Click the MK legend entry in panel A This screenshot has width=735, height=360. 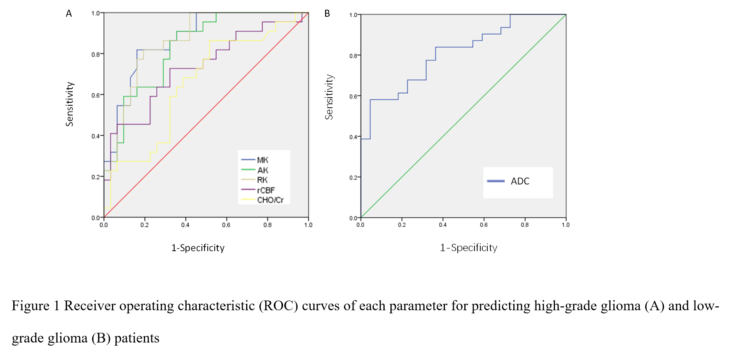pyautogui.click(x=262, y=160)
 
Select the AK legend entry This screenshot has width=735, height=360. pyautogui.click(x=262, y=170)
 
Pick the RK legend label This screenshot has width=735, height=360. pyautogui.click(x=262, y=180)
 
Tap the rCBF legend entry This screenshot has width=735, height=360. pyautogui.click(x=266, y=190)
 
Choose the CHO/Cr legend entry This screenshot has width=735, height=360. pyautogui.click(x=270, y=200)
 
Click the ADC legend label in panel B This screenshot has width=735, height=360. pyautogui.click(x=520, y=181)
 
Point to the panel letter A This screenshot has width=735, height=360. pyautogui.click(x=69, y=14)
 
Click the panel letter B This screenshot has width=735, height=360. pyautogui.click(x=327, y=14)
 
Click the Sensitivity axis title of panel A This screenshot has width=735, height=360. pyautogui.click(x=69, y=104)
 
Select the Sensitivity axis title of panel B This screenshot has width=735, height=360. pyautogui.click(x=329, y=97)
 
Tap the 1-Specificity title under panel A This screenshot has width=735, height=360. pyautogui.click(x=198, y=248)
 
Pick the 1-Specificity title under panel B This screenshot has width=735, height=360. pyautogui.click(x=469, y=248)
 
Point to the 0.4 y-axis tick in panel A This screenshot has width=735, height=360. pyautogui.click(x=96, y=136)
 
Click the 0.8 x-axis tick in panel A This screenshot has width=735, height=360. pyautogui.click(x=268, y=225)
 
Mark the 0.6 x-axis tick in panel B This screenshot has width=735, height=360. pyautogui.click(x=484, y=225)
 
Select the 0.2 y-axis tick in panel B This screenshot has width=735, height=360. pyautogui.click(x=353, y=178)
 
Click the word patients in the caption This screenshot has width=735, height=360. pyautogui.click(x=137, y=338)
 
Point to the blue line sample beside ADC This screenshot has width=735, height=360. pyautogui.click(x=496, y=181)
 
